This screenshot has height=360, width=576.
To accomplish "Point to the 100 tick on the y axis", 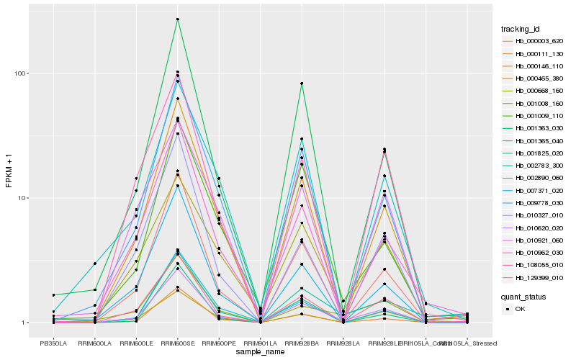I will coord(21,73).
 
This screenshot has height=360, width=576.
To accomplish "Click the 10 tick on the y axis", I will coord(23,198).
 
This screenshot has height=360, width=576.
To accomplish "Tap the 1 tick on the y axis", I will coord(24,323).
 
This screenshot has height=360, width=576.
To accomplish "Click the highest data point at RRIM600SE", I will coord(177,19).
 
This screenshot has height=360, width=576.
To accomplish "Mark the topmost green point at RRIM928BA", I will coord(302,84).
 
